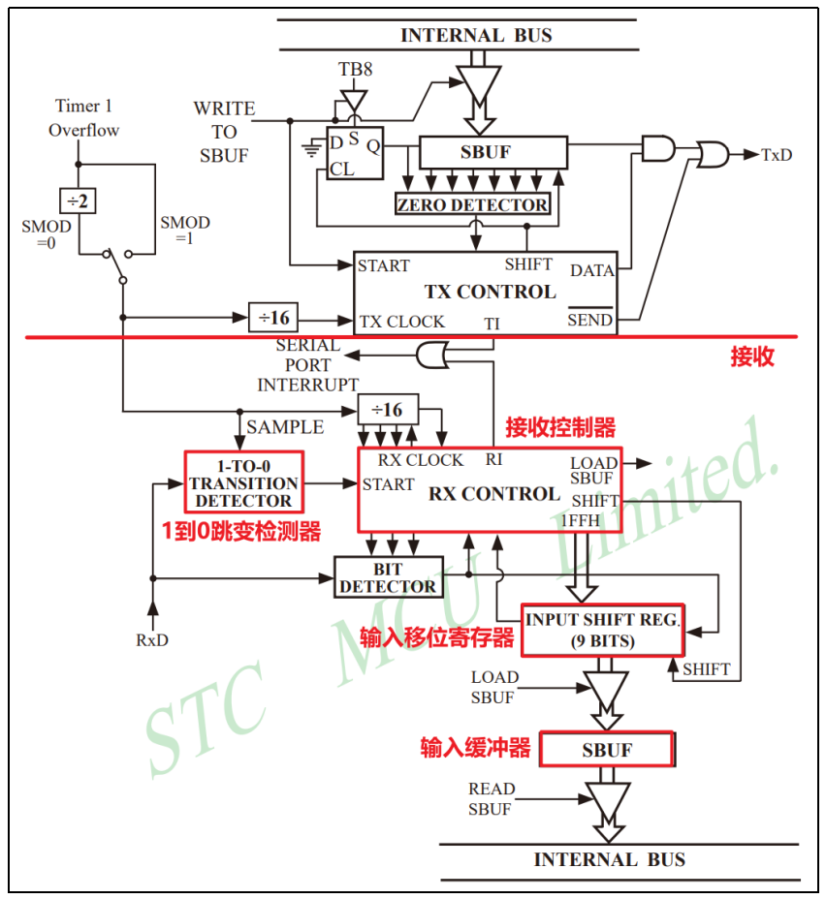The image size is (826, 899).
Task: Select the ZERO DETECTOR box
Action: click(x=472, y=204)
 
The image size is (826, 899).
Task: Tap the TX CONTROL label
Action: click(x=490, y=292)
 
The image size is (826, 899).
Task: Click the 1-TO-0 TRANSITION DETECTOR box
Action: click(x=243, y=482)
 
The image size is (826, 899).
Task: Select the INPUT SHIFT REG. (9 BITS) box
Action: click(x=603, y=629)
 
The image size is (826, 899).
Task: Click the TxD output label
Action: click(x=777, y=154)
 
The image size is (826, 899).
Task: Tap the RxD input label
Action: click(x=151, y=639)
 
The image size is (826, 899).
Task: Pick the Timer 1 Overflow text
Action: click(x=84, y=118)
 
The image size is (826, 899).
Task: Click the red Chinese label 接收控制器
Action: click(x=560, y=426)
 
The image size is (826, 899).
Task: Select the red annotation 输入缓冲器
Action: click(x=475, y=748)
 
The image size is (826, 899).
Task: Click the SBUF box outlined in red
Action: click(x=607, y=750)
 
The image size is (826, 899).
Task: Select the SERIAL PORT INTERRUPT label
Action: click(x=307, y=365)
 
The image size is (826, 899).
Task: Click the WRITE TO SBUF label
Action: click(x=224, y=131)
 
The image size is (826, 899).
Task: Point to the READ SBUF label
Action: click(x=492, y=799)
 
